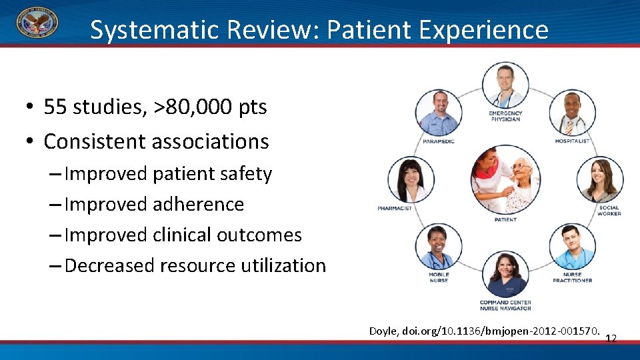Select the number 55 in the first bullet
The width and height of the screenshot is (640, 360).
tap(55, 107)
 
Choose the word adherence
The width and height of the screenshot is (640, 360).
tap(199, 205)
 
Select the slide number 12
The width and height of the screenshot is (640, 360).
tap(611, 339)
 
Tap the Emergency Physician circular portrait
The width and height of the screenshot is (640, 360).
tap(505, 85)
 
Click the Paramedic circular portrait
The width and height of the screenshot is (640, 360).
tap(438, 113)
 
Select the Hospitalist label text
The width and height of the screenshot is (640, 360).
tap(573, 141)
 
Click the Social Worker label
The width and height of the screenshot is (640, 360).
tap(609, 211)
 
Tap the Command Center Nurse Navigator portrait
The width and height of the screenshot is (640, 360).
tap(505, 275)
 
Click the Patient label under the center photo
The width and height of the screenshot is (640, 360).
tap(505, 219)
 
